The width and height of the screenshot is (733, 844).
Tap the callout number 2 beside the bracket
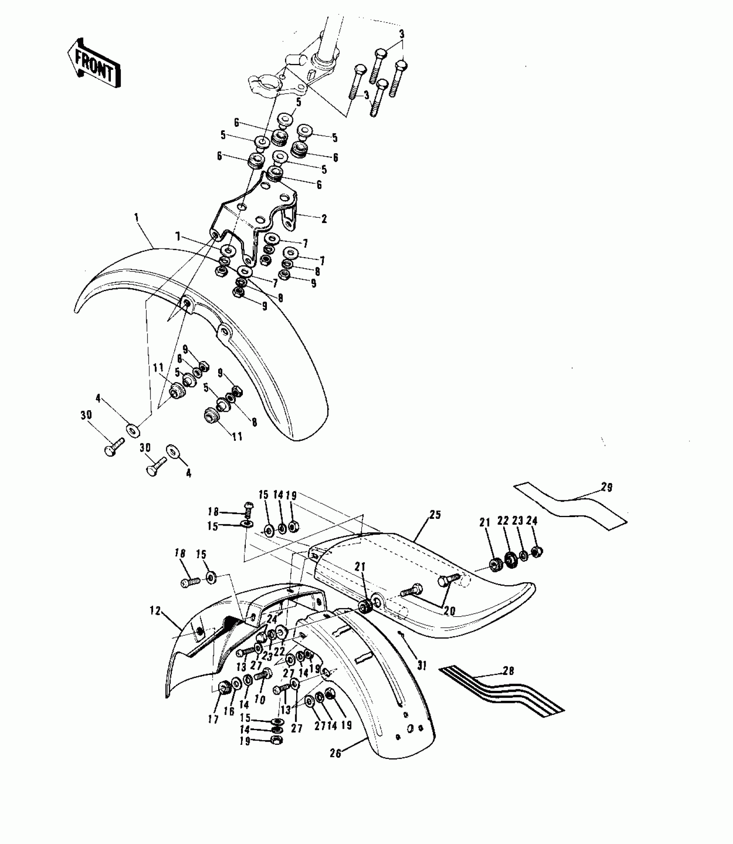click(324, 219)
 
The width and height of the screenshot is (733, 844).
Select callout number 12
click(155, 611)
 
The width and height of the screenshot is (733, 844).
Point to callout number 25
click(435, 515)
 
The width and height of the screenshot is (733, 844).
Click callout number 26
click(335, 753)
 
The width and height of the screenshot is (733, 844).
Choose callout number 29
click(607, 488)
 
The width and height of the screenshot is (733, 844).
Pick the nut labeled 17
click(225, 688)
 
